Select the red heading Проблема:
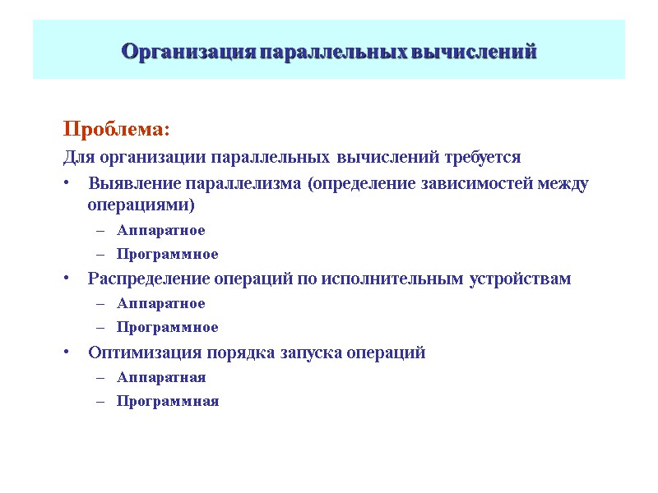point(116,130)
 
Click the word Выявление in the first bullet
point(135,183)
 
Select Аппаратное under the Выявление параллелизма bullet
point(160,230)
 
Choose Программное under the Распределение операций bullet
point(167,328)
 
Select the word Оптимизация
point(137,353)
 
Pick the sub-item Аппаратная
point(161,378)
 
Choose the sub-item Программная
point(168,402)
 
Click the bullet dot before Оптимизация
point(66,354)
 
